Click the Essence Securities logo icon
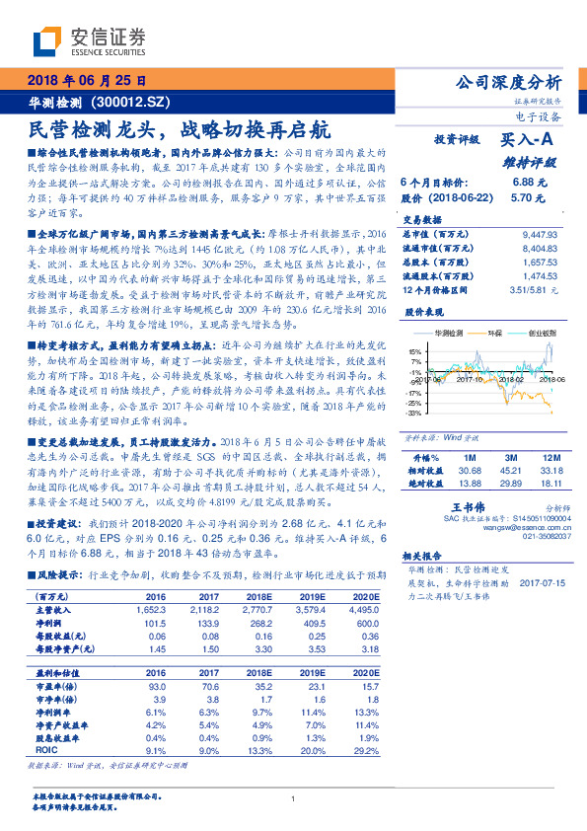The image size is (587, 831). pyautogui.click(x=45, y=40)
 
